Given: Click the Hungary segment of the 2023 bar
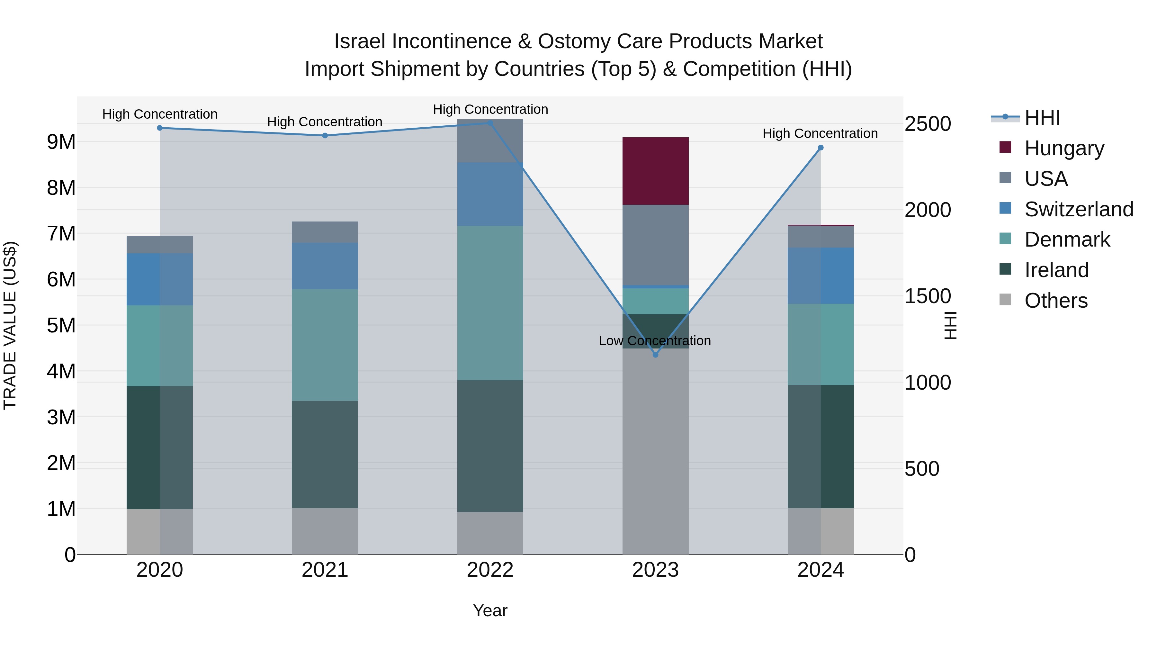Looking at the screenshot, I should [x=655, y=171].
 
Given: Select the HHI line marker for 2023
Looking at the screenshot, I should [x=655, y=355].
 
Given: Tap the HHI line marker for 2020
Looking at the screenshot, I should [x=160, y=128].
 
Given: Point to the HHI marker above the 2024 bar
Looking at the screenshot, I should [x=821, y=148].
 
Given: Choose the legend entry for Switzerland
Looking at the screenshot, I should [x=1078, y=209].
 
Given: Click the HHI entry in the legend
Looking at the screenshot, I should [x=1042, y=118].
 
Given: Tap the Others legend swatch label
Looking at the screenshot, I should [x=1055, y=301].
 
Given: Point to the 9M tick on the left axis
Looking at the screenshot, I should [x=61, y=142].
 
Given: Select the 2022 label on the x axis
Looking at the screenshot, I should [x=490, y=570].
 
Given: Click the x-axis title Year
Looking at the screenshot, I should [x=490, y=610].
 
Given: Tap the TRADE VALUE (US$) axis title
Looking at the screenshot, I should [x=10, y=325].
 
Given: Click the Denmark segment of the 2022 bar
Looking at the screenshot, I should [x=490, y=303].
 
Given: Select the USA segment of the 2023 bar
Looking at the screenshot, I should [x=655, y=245].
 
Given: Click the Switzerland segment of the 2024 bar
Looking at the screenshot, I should [x=821, y=276].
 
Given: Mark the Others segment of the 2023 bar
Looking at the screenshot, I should [x=655, y=452].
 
